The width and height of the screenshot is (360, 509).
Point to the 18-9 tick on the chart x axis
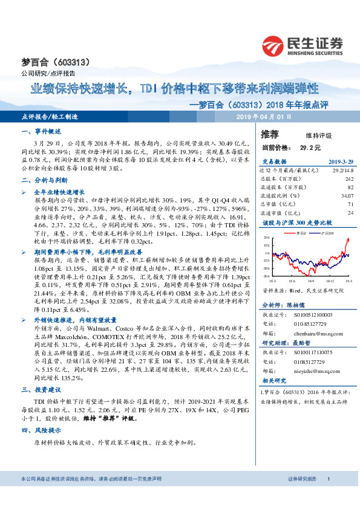[x=311, y=280]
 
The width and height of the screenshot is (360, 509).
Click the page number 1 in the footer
[x=327, y=495]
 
